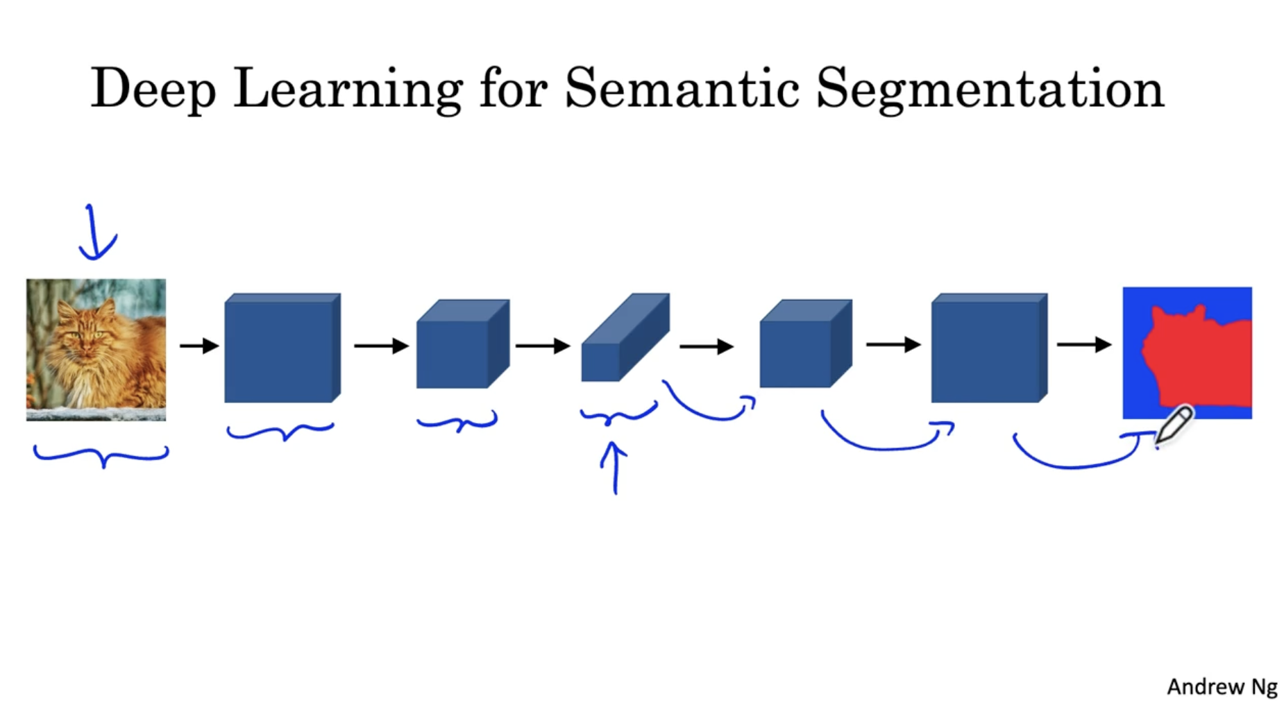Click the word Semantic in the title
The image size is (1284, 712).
(x=682, y=88)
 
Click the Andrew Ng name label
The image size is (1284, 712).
(x=1222, y=687)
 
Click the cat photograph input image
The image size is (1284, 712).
(x=96, y=349)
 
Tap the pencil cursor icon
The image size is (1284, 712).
(x=1174, y=424)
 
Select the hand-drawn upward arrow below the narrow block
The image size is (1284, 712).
(x=614, y=468)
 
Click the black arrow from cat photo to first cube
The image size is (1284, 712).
(x=199, y=346)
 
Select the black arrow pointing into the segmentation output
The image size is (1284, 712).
(x=1083, y=344)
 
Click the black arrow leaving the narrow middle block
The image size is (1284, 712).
(x=706, y=346)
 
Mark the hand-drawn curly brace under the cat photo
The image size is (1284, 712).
(x=101, y=455)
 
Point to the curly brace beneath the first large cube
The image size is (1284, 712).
(x=280, y=432)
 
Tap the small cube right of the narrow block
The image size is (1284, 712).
(x=805, y=344)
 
